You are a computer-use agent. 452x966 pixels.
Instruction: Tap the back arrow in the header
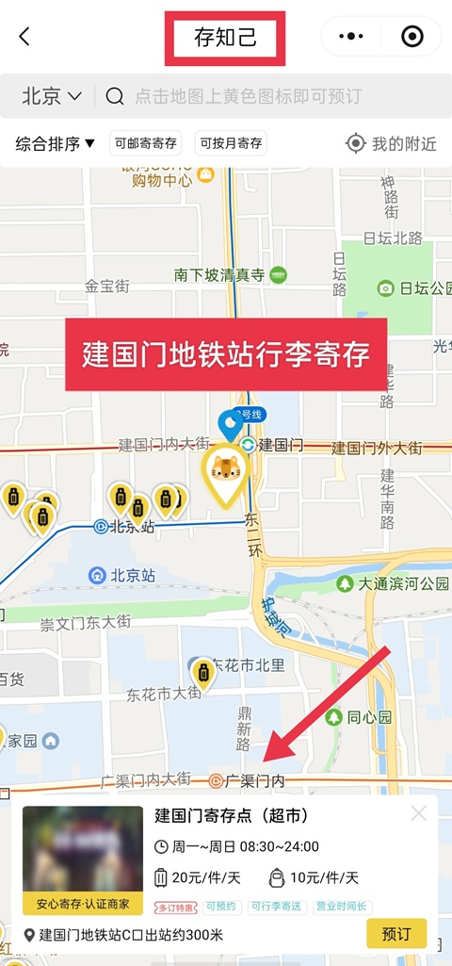pyautogui.click(x=24, y=37)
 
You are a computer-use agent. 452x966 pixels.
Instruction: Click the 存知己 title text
pyautogui.click(x=224, y=38)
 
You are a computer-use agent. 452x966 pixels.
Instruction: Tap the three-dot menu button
pyautogui.click(x=351, y=37)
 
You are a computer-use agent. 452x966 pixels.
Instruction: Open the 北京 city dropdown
pyautogui.click(x=52, y=96)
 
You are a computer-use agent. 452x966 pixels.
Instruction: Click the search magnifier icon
pyautogui.click(x=115, y=96)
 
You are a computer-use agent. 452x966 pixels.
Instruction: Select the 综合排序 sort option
pyautogui.click(x=56, y=143)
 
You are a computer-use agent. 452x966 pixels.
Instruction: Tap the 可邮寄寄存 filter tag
pyautogui.click(x=145, y=143)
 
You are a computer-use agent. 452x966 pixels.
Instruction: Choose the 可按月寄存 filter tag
pyautogui.click(x=231, y=143)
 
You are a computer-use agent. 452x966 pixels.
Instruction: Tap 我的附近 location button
pyautogui.click(x=392, y=143)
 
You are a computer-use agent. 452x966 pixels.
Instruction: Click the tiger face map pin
pyautogui.click(x=226, y=468)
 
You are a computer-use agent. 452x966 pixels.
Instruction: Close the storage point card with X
pyautogui.click(x=418, y=813)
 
